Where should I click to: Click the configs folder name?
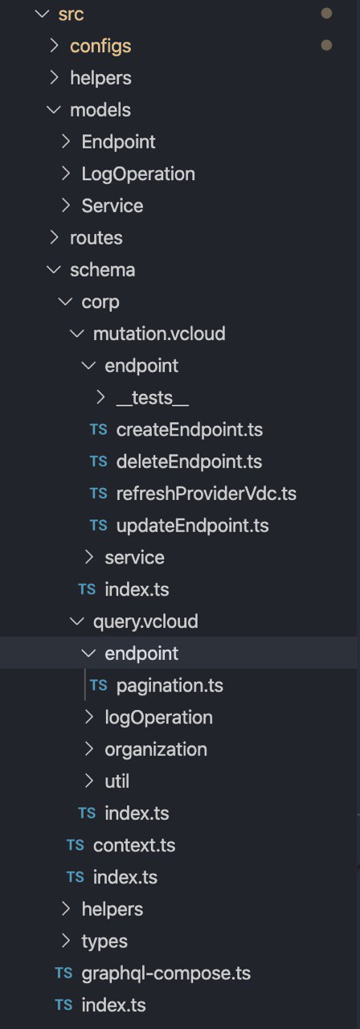100,47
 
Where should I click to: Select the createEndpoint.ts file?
189,430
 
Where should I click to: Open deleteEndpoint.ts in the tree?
189,461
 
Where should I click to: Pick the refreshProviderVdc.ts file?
207,494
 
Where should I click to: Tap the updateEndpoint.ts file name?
192,526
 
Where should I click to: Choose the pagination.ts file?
170,686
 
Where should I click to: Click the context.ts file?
134,845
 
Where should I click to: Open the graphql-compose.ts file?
166,974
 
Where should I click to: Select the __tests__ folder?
153,398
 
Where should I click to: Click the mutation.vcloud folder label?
159,334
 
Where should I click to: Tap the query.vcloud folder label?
145,622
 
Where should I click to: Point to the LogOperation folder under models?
138,174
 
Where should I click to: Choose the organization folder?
156,750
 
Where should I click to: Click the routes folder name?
96,238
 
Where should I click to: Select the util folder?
117,781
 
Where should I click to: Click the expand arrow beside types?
66,941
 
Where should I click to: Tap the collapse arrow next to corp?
66,301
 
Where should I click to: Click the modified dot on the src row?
326,14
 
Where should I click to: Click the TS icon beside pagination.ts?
99,686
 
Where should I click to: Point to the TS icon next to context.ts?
76,845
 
